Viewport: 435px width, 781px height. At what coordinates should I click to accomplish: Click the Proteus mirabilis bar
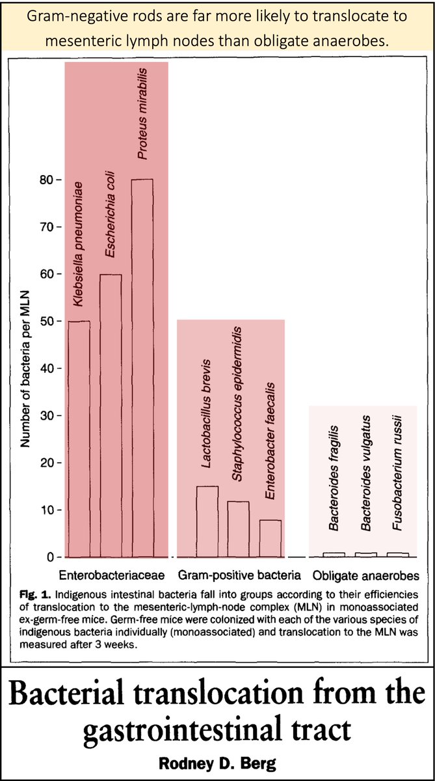point(142,368)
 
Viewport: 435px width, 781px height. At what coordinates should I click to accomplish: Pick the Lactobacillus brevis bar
point(207,522)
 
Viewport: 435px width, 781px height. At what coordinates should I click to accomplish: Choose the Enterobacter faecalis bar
point(270,539)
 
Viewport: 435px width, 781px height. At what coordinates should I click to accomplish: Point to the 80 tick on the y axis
point(57,179)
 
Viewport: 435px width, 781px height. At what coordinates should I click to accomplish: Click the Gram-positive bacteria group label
point(239,575)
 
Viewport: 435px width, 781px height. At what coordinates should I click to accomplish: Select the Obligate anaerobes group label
point(366,575)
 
